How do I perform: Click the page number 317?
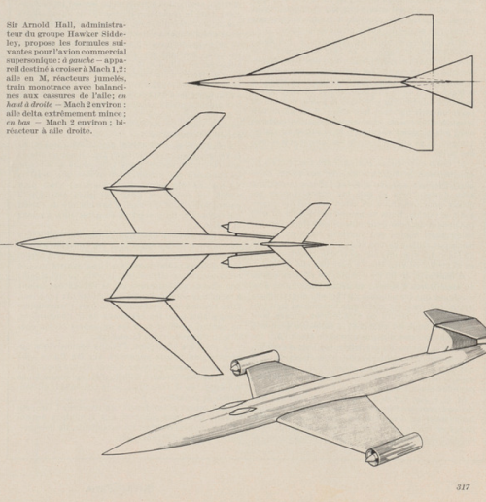(x=463, y=487)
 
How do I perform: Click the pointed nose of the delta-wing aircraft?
(x=189, y=83)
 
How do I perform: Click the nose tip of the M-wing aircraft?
(x=17, y=244)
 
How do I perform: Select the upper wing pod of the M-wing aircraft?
(x=137, y=188)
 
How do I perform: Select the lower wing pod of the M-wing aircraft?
(x=139, y=299)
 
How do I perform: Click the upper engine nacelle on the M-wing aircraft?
(x=253, y=229)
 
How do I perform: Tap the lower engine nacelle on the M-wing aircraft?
(x=253, y=261)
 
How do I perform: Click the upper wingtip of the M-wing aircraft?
(x=213, y=114)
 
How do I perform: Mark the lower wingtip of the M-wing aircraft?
(x=211, y=373)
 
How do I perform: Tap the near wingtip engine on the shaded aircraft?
(x=394, y=449)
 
